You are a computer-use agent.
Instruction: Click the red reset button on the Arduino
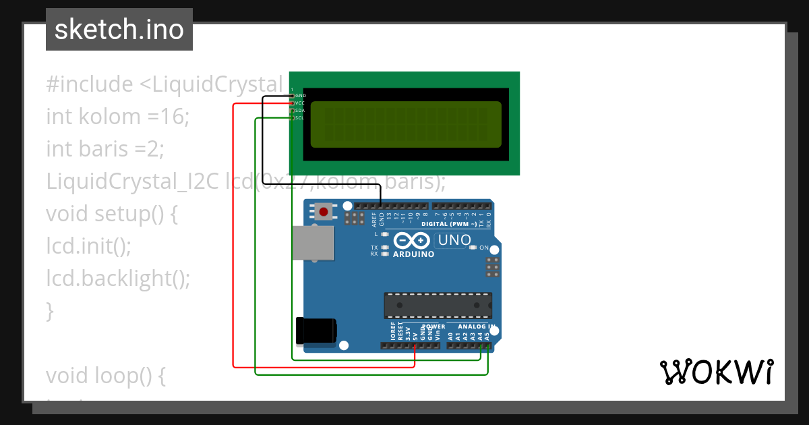(324, 212)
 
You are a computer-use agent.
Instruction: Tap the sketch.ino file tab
(119, 30)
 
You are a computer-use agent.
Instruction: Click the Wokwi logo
(716, 372)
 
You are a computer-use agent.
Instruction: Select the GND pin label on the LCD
(301, 96)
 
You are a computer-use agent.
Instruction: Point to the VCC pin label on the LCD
(301, 103)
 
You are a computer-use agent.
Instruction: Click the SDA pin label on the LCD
(300, 111)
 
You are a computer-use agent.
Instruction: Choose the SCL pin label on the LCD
(300, 118)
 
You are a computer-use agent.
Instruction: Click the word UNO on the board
(454, 240)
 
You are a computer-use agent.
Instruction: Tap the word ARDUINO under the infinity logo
(413, 255)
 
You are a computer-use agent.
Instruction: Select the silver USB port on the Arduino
(313, 243)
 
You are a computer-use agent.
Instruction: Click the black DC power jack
(316, 330)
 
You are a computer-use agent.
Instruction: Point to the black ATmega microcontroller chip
(438, 306)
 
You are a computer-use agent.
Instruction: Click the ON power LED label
(483, 248)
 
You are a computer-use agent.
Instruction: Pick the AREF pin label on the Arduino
(373, 219)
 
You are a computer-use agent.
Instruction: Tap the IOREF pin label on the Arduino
(393, 330)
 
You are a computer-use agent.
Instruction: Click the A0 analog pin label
(450, 335)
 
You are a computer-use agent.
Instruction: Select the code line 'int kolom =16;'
(118, 117)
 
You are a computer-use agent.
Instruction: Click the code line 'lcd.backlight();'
(118, 278)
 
